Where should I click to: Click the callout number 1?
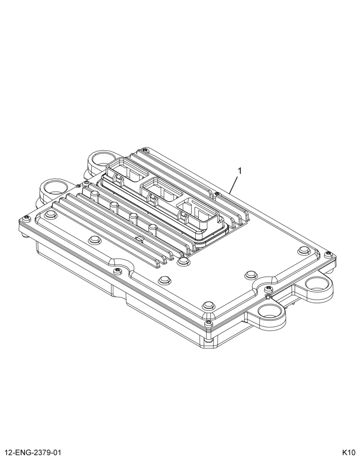[x=239, y=171]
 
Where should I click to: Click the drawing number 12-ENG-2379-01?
[x=33, y=453]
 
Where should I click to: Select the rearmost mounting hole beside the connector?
[x=101, y=159]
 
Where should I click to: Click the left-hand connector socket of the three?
[x=127, y=170]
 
